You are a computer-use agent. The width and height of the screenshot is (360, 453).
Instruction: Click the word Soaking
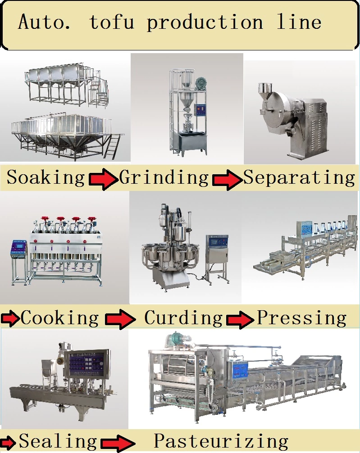46,178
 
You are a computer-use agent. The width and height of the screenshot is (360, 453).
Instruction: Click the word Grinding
164,178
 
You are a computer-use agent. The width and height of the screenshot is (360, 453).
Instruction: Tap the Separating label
299,178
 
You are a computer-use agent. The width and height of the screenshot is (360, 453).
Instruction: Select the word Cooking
59,318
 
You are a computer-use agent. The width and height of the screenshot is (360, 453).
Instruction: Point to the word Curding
183,318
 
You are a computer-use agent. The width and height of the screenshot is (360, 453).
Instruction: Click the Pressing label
301,318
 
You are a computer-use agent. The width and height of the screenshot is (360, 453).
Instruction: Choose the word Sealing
58,441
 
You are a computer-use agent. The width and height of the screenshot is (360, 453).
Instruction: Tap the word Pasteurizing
221,441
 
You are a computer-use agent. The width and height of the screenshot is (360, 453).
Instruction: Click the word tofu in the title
112,22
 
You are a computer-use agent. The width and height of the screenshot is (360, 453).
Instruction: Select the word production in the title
205,23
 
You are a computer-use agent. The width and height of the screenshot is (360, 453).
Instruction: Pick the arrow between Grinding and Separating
227,180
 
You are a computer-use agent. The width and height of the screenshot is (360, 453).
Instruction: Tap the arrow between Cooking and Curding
120,319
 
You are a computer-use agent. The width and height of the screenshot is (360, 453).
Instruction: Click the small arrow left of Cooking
10,319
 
